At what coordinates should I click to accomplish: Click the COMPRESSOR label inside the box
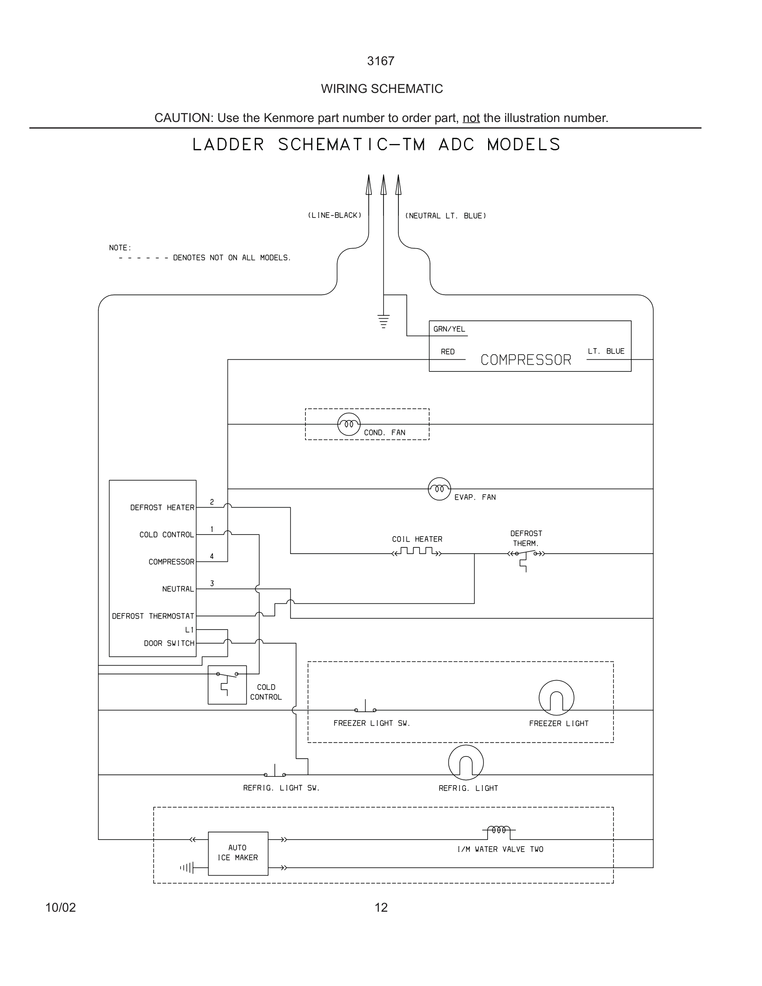[525, 360]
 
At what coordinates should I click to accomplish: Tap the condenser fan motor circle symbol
[349, 424]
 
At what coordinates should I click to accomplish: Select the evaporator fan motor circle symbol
[439, 488]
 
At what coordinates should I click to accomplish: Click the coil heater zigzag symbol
[417, 552]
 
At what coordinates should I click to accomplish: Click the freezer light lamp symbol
[556, 698]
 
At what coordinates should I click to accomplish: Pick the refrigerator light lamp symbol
[465, 762]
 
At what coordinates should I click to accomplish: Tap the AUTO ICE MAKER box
[238, 853]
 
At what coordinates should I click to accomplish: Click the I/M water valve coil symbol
[499, 830]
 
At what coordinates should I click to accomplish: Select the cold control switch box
[227, 684]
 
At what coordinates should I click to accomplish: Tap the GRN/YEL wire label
[449, 329]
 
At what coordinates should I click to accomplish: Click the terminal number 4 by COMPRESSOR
[212, 556]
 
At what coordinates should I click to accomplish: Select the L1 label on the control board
[189, 630]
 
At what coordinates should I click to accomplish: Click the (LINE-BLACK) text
[335, 215]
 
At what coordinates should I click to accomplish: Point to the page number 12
[381, 908]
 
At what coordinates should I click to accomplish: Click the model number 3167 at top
[381, 61]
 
